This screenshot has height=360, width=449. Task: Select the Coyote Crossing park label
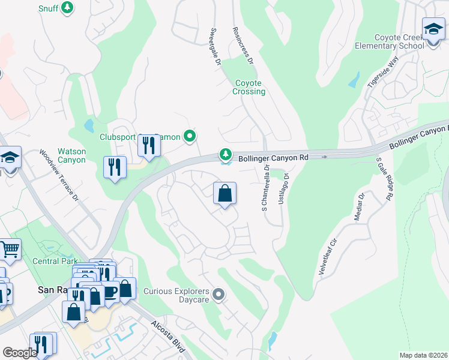(x=249, y=87)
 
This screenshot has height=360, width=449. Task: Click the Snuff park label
(x=48, y=8)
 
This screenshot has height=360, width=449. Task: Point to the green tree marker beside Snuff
(x=68, y=8)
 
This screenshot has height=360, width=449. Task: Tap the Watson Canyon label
(x=71, y=156)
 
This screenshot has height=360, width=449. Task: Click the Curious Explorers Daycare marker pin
(x=218, y=295)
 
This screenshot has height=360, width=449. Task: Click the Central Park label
(x=55, y=262)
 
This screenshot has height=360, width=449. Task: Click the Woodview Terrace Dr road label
(x=59, y=175)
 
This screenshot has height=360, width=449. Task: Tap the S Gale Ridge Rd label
(x=385, y=179)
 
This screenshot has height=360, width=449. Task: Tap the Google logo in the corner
(x=20, y=353)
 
